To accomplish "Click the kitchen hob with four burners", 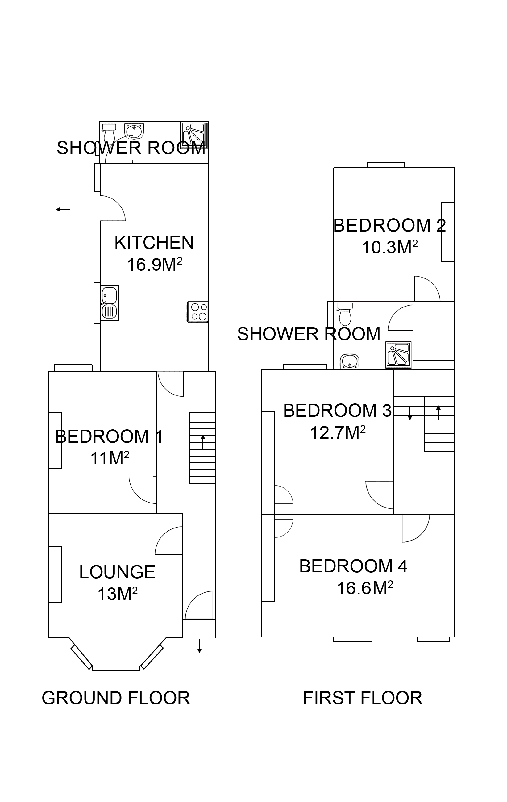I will pyautogui.click(x=198, y=312).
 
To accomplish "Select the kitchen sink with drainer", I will pyautogui.click(x=110, y=303).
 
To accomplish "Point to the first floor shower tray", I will pyautogui.click(x=398, y=355).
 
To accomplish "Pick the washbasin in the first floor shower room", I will pyautogui.click(x=349, y=362).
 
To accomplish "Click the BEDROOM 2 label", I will pyautogui.click(x=389, y=225).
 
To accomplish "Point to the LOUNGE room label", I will pyautogui.click(x=117, y=572).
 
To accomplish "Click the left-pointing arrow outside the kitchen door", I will pyautogui.click(x=63, y=209).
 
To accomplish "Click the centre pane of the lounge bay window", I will pyautogui.click(x=116, y=668).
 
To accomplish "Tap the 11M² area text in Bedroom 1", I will pyautogui.click(x=110, y=458).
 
